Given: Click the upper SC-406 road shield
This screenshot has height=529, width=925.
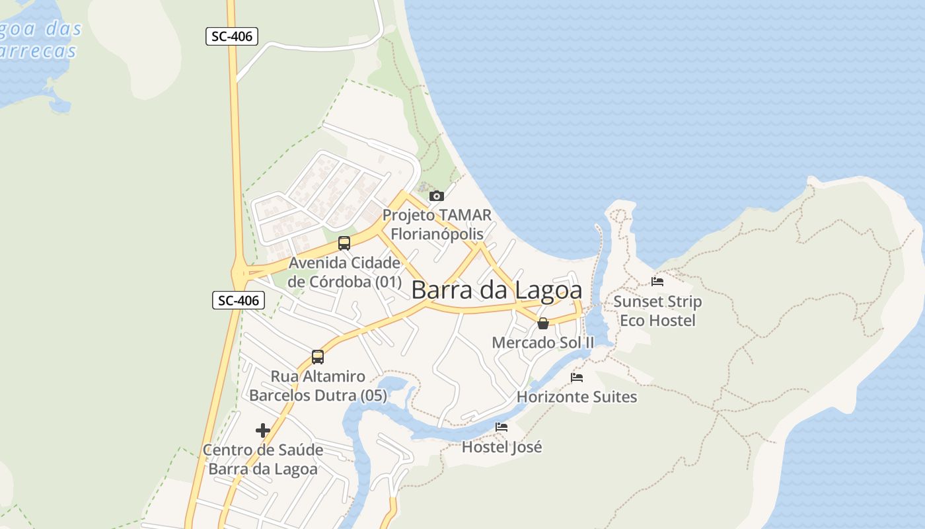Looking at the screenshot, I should coord(231,36).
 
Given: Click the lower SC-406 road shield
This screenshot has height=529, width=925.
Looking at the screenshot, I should coord(239,300).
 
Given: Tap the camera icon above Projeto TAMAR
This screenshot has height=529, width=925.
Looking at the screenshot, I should coord(436,196).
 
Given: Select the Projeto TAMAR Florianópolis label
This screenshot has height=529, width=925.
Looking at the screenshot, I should coord(437,225).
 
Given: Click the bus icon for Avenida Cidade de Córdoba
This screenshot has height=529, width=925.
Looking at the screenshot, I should coord(344,243).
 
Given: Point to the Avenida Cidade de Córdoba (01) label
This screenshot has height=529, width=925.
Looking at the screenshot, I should coord(344,272).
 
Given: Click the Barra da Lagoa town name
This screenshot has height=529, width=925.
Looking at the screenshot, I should coord(497,290).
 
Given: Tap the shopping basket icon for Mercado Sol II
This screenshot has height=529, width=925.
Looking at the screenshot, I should coord(542,323).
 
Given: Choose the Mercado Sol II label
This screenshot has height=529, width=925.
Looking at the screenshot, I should coord(543,343).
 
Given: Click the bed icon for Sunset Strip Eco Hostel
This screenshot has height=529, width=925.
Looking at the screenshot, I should coord(657,282).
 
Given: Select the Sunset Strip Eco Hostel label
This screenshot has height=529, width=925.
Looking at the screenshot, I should coord(657,311).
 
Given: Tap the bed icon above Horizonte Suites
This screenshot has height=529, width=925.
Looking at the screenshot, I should coord(577,378).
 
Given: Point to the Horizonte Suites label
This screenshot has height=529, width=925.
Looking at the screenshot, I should coord(577,397).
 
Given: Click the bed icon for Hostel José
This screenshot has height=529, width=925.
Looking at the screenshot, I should coord(501,427).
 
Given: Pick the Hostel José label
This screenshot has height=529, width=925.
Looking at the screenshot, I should coord(501,447).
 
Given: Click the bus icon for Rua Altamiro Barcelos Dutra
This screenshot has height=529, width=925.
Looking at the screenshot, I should coord(318,357).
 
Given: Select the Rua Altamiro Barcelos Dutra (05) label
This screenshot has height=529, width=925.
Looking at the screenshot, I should coord(318,386).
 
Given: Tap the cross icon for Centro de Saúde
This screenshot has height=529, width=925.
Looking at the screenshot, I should coord(263,431).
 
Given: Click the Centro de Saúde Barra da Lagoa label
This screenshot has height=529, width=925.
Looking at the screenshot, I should coord(263,460).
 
